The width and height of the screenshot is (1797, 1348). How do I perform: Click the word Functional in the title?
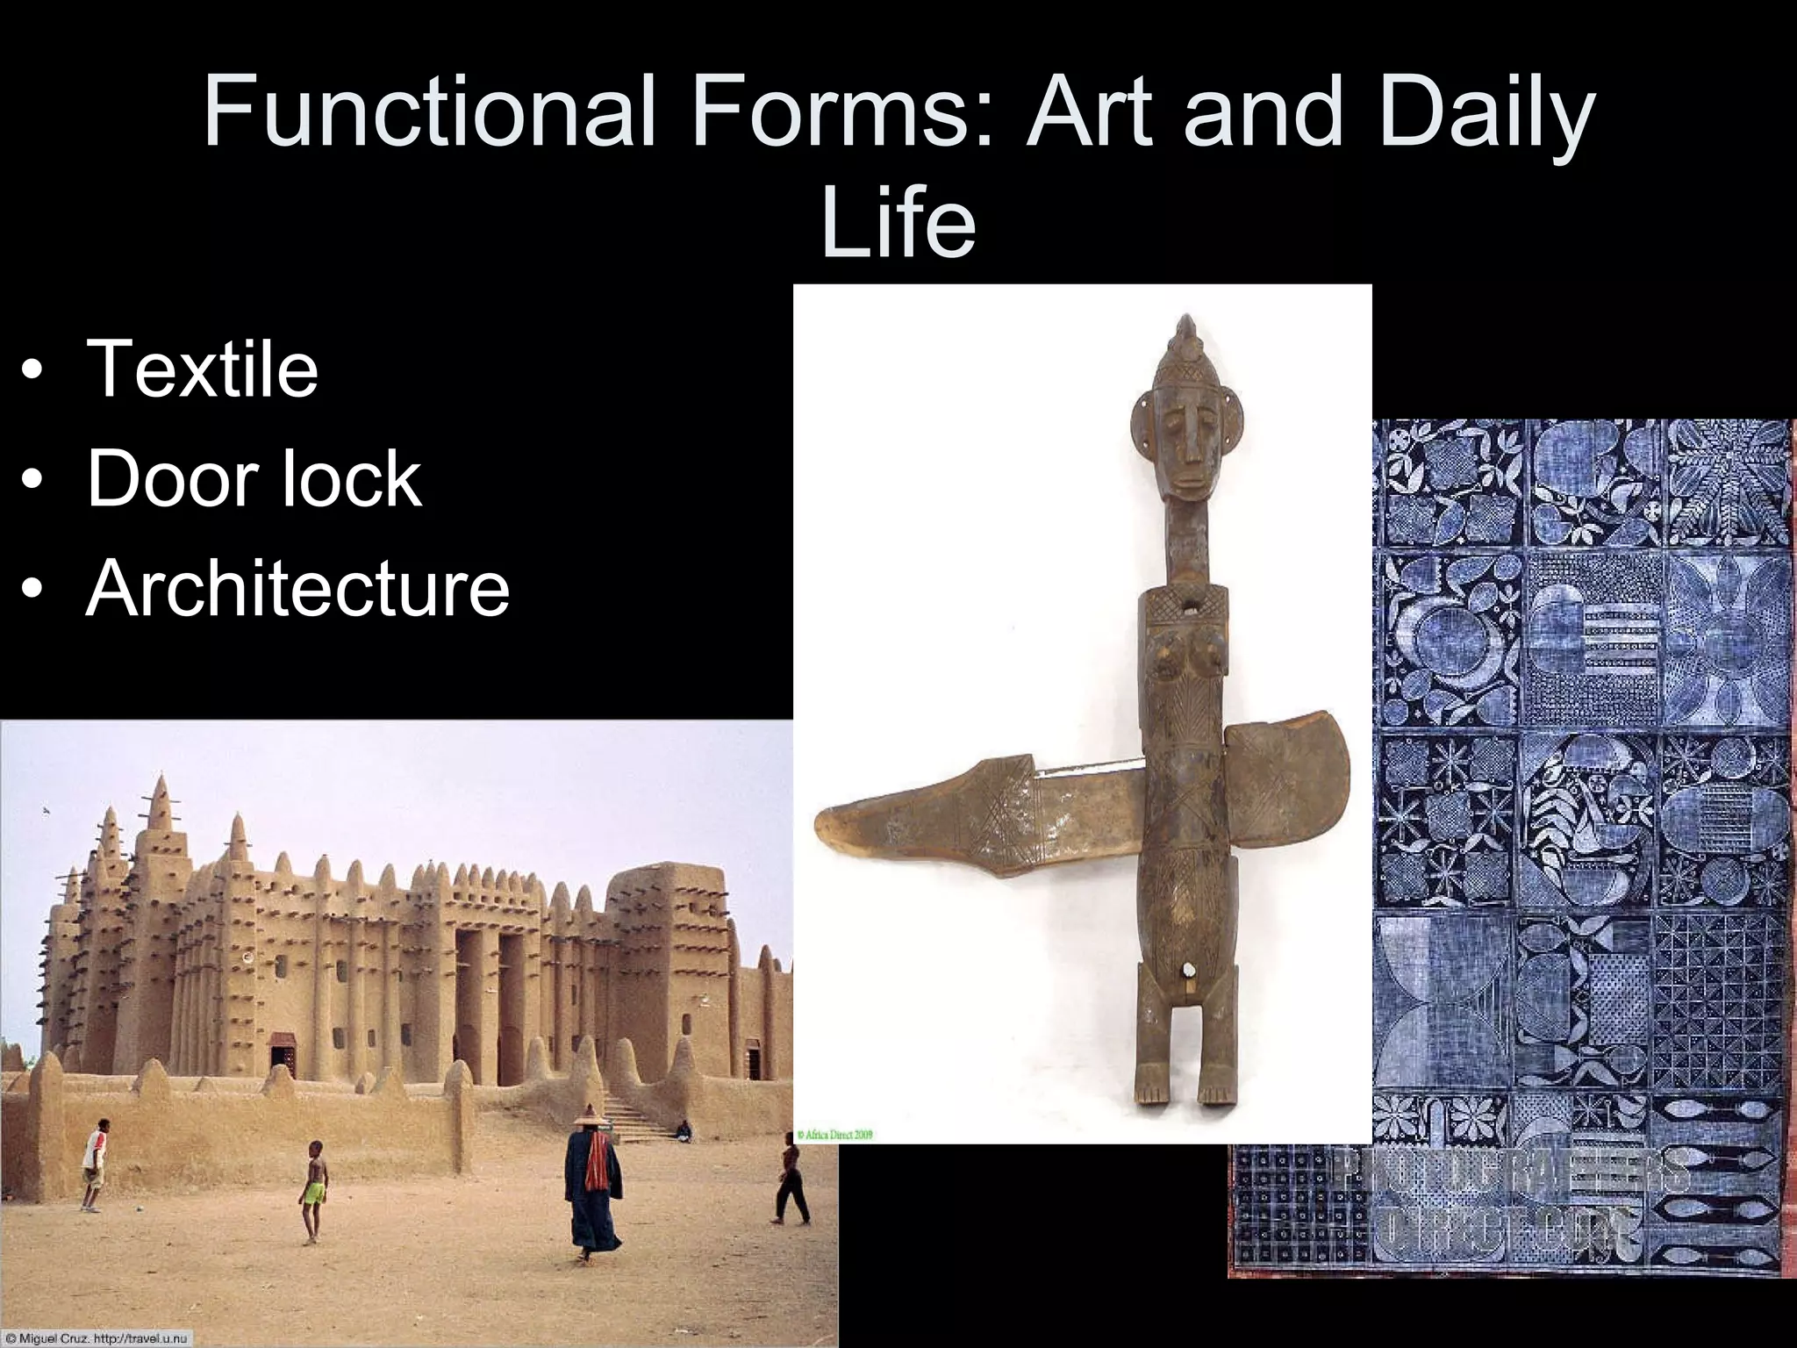[430, 112]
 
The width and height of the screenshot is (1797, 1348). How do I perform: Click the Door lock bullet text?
[254, 478]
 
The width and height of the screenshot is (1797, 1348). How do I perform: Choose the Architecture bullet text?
[297, 587]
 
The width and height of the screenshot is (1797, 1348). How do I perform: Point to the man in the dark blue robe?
[593, 1185]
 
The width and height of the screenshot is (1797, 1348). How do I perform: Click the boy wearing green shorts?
[313, 1189]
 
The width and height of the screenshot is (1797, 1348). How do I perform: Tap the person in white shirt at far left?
[95, 1163]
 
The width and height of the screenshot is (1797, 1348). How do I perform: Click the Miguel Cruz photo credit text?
[97, 1338]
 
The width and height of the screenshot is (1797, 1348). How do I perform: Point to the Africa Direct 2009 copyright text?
[835, 1134]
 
